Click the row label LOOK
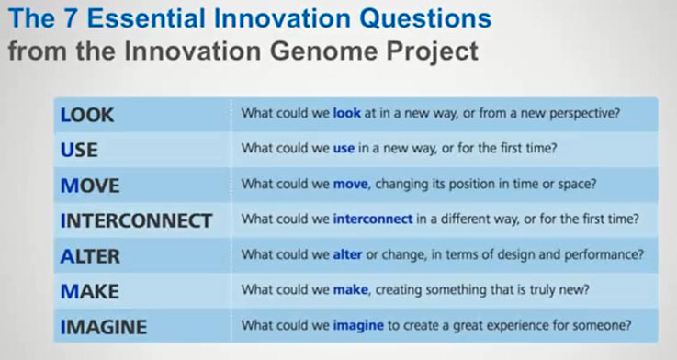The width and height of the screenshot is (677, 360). click(x=87, y=115)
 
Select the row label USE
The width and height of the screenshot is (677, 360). click(x=79, y=150)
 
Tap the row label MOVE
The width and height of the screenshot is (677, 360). click(x=90, y=185)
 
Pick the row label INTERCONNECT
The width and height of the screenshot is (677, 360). click(x=136, y=220)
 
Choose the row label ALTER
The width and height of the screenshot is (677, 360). click(x=90, y=256)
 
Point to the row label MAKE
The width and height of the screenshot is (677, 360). click(x=90, y=291)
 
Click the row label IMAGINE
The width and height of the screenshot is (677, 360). click(x=103, y=326)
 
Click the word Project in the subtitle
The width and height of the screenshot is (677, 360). click(x=434, y=51)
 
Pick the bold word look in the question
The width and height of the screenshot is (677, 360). click(x=346, y=115)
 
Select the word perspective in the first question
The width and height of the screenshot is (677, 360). click(x=584, y=115)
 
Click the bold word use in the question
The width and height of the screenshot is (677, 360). click(x=344, y=150)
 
